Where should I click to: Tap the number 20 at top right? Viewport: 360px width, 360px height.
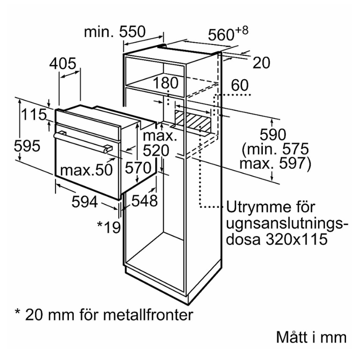point(261,63)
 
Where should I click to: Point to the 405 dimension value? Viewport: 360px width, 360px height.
point(63,64)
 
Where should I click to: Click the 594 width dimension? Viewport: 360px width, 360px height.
point(85,202)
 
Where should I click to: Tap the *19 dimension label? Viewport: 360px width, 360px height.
point(109,226)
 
